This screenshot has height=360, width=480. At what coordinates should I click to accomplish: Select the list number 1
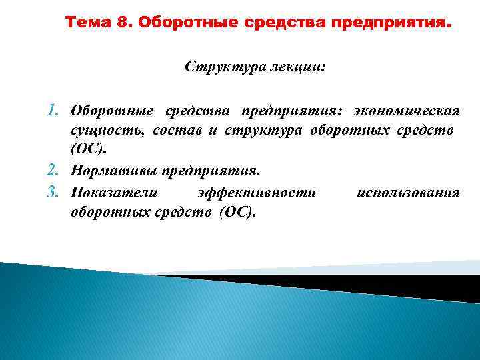click(57, 109)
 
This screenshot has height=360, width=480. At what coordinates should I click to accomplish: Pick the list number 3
click(57, 193)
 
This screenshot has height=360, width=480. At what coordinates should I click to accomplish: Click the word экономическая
click(407, 109)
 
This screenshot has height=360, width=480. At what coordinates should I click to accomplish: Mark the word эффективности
click(257, 193)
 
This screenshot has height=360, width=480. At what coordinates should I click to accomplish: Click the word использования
click(408, 193)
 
